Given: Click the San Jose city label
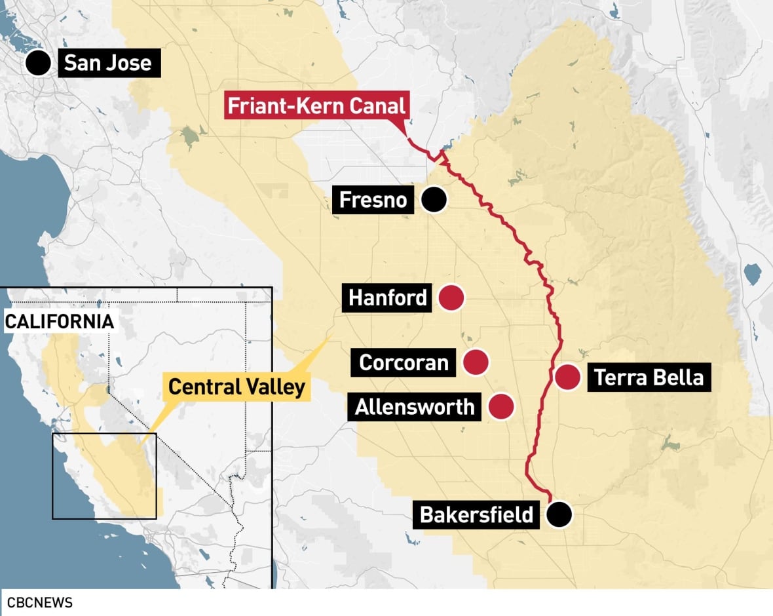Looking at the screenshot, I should pos(108,64).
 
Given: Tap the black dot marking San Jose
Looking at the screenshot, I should pos(39,63).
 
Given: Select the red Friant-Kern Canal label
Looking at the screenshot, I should pos(317,106).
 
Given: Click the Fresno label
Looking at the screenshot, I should pos(373,200).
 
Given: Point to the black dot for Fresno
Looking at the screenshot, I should pos(433,199).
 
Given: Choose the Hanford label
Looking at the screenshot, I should pos(388,298).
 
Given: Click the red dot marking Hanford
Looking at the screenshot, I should pos(451,298).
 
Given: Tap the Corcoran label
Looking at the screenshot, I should pos(404,362).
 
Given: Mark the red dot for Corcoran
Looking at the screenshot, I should pos(476,362).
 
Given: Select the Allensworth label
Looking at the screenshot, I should pos(415,407).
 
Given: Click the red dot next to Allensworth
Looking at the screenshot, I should pos(501,407).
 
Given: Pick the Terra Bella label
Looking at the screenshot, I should pos(649,377).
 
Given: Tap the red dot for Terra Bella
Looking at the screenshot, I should pos(567,377).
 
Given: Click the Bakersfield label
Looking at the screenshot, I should pos(476,514).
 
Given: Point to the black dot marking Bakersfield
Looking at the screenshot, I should pos(559,514).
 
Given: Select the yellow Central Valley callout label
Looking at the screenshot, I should pos(236,387).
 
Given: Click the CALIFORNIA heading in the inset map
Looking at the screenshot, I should pos(60,322).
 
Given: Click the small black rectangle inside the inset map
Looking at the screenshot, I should pos(104,476).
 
